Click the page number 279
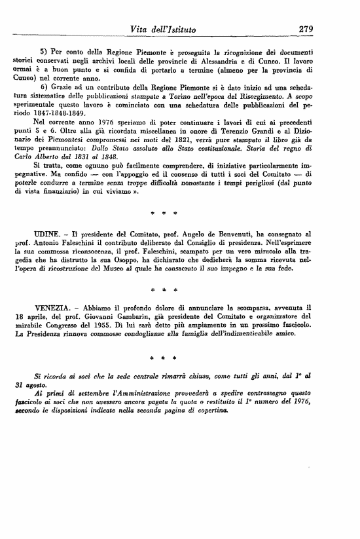click(x=307, y=28)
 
